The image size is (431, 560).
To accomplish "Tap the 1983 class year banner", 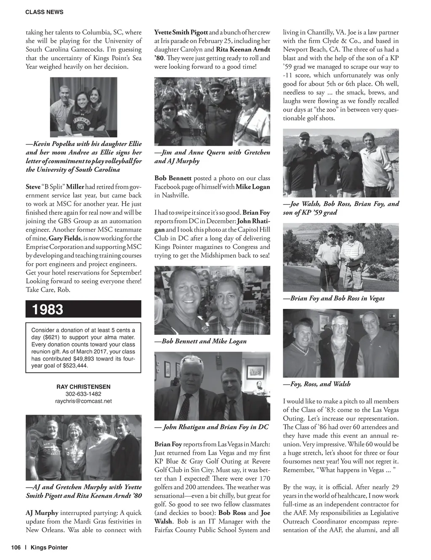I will pos(48,309).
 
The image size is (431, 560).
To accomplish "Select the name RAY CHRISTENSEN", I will pos(83,387).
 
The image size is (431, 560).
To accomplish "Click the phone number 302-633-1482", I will pos(83,394).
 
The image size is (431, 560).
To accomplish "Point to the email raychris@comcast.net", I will pos(83,401).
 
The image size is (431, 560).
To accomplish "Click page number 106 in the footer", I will pos(16,547).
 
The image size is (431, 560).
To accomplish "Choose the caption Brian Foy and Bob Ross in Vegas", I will pos(337,298).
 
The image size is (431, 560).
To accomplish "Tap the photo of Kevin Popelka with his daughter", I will pos(83,107).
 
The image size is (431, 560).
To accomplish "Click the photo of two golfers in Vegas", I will pos(341,257).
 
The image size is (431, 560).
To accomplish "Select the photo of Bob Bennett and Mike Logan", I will pos(212,300).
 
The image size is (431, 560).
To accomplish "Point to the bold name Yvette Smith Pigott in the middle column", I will pos(181,32).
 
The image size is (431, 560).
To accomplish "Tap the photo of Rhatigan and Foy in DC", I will pos(212,386).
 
